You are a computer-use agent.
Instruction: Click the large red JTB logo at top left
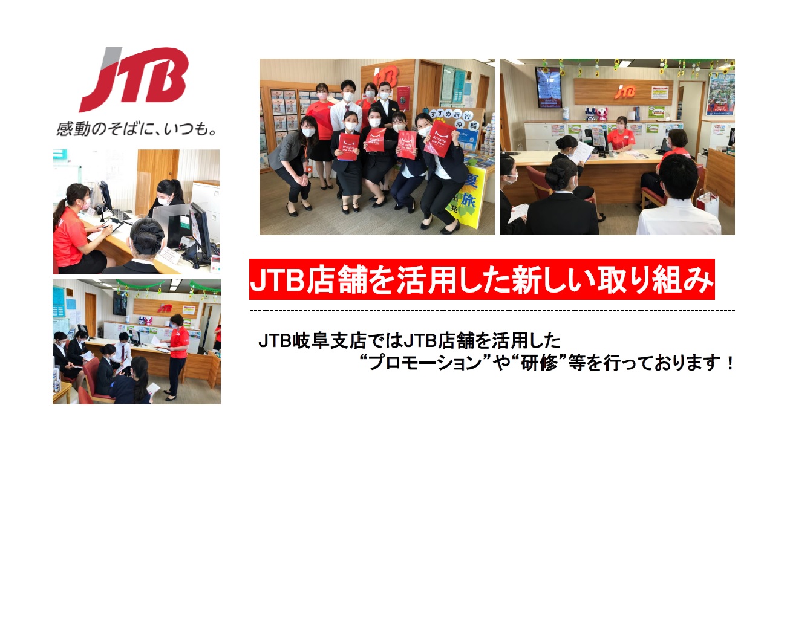pos(134,79)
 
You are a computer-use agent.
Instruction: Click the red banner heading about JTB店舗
pos(482,279)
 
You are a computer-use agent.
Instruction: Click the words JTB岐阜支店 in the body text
pos(312,341)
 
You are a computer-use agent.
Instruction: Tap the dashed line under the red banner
pos(492,311)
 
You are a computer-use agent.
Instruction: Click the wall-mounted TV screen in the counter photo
pos(548,87)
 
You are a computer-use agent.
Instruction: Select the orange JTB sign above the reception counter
pos(625,91)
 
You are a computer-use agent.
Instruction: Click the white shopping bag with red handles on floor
pos(707,204)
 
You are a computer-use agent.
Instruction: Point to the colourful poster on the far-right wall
pos(720,94)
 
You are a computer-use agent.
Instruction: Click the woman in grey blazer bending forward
pos(293,165)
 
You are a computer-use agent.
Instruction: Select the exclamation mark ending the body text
pos(729,363)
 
